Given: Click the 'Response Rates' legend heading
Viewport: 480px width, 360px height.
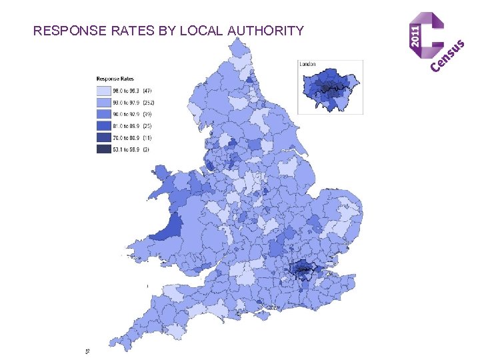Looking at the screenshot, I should coord(117,78).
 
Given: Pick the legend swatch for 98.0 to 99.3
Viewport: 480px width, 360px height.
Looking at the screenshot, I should coord(103,90).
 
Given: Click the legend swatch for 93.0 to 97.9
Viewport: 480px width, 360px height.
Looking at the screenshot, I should coord(103,102).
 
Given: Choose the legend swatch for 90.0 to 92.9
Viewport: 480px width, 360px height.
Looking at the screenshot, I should coord(103,114).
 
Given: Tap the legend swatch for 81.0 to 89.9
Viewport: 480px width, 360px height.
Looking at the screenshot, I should coord(103,126).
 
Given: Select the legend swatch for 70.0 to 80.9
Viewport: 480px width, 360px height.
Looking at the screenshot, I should coord(103,138).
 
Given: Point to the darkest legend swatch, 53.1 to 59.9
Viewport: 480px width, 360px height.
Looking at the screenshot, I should coord(103,150).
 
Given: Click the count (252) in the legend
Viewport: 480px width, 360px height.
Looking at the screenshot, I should coord(148,102).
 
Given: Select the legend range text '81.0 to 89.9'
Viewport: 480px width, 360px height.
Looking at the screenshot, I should coord(127,126).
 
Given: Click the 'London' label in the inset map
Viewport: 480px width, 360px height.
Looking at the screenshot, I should coord(307,64).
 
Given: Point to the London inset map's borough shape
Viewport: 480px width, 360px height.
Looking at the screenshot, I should coord(331,87).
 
